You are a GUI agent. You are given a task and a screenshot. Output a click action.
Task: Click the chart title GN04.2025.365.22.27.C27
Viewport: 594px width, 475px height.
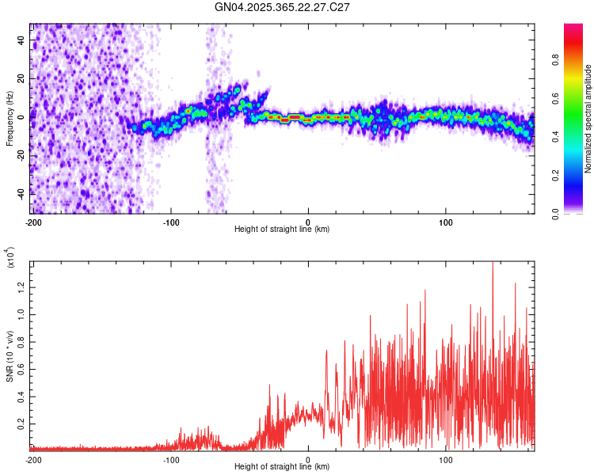click(283, 7)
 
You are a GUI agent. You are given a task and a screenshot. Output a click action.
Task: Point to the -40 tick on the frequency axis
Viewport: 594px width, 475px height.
click(19, 192)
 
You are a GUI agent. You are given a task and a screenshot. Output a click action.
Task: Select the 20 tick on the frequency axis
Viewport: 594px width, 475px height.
click(21, 78)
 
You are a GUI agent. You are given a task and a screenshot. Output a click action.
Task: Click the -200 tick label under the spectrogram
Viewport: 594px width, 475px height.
click(33, 221)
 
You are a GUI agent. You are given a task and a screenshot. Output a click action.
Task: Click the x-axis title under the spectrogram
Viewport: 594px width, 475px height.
click(282, 230)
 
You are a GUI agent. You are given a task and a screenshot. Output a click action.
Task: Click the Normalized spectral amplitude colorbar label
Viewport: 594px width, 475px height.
click(588, 119)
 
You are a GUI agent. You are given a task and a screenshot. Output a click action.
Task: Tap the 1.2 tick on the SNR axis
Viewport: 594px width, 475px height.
click(20, 286)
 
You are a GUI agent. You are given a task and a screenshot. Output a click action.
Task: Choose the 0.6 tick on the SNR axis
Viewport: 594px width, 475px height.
click(20, 368)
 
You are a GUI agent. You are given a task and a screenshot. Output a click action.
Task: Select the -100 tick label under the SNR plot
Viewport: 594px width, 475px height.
click(171, 459)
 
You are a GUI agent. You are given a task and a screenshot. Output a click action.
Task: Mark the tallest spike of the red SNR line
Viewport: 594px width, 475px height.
click(493, 263)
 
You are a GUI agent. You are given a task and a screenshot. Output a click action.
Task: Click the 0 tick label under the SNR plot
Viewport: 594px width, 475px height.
click(308, 459)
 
